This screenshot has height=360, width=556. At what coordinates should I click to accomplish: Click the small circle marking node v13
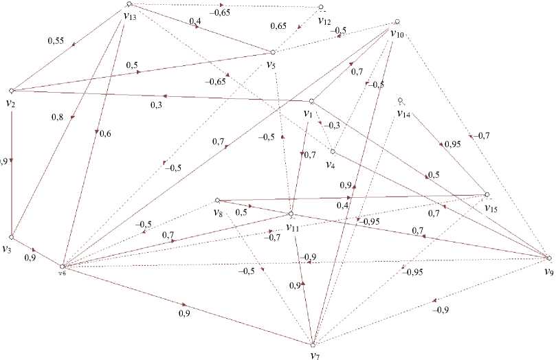click(x=129, y=4)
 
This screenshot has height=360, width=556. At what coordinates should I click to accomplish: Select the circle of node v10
click(x=397, y=21)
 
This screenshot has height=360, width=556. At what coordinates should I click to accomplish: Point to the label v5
click(x=271, y=65)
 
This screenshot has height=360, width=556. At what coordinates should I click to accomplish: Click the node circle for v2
click(x=12, y=91)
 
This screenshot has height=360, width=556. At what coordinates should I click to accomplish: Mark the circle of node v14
click(x=401, y=101)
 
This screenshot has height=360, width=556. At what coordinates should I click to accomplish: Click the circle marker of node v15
click(x=487, y=194)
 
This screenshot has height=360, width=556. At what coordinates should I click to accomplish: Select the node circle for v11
click(x=291, y=214)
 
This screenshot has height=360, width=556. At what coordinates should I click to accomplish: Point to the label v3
click(x=8, y=249)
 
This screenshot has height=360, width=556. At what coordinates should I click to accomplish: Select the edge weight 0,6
click(x=106, y=134)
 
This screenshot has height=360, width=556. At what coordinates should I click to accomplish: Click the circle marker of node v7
click(x=313, y=344)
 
